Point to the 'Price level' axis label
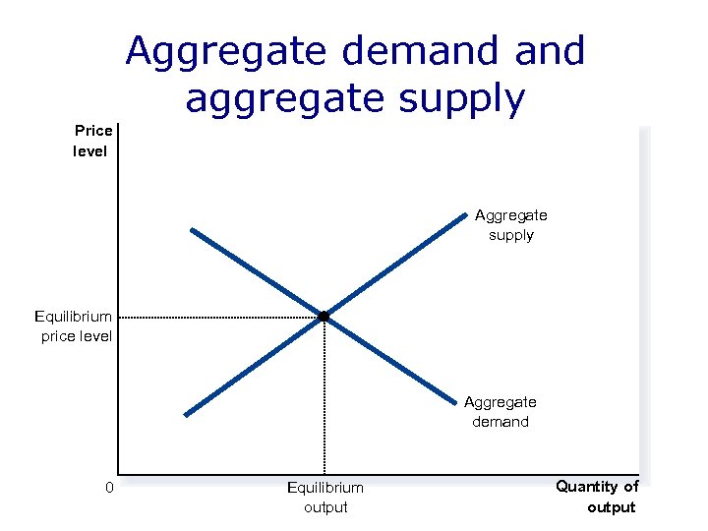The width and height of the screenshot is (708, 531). click(92, 141)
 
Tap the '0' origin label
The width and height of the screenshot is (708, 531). click(110, 488)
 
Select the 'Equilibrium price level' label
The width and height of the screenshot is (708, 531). click(74, 326)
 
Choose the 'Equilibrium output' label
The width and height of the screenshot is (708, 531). click(324, 498)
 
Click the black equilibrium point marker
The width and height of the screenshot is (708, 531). click(323, 316)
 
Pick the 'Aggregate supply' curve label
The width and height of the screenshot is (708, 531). click(511, 224)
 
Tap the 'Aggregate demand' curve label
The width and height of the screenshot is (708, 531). click(501, 412)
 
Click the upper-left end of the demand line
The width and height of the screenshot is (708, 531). click(193, 230)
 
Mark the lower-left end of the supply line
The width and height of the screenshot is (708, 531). click(186, 414)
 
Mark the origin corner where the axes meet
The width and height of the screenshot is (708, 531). click(117, 474)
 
